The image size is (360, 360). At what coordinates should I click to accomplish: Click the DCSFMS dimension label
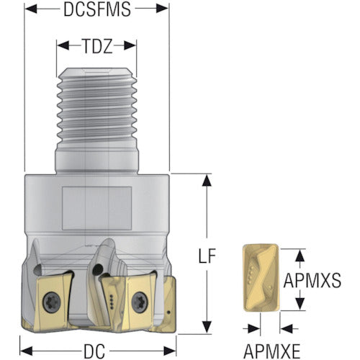97,9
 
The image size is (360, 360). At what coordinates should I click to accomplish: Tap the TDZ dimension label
97,46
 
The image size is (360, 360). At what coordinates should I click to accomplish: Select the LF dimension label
207,256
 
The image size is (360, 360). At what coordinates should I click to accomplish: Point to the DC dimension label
94,351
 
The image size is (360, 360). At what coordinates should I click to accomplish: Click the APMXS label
312,280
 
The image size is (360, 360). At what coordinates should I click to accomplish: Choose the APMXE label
272,351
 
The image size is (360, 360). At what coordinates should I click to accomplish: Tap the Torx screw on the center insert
139,300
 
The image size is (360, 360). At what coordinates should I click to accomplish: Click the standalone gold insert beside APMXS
261,278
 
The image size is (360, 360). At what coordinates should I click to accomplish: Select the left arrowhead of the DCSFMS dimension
31,9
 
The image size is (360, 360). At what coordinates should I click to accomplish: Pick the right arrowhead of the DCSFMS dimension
162,9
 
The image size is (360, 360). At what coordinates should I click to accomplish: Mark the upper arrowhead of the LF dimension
207,180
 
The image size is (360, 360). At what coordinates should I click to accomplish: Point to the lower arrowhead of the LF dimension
207,328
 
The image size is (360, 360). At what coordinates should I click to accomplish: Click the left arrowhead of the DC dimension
26,351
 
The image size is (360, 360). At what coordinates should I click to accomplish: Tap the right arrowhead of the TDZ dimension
130,45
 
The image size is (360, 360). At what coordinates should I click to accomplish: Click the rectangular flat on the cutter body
96,208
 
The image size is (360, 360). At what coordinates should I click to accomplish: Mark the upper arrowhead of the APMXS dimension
300,256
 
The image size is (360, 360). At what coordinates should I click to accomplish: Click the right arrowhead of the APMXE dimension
286,328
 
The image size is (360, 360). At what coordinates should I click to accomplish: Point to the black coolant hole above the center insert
98,269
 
